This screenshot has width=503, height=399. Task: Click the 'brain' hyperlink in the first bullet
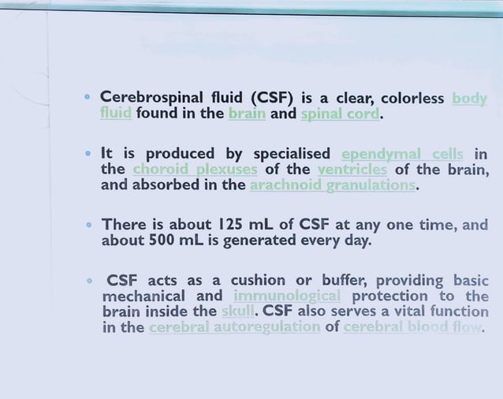coord(247,114)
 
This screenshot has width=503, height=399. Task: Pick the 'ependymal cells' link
coord(402,154)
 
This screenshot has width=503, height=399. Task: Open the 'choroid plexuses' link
coord(195,170)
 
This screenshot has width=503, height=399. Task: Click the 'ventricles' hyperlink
coord(352,170)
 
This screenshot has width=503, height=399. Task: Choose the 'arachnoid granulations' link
coord(332,185)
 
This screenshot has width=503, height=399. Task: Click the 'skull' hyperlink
coord(239,311)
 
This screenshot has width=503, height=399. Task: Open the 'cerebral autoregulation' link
coord(234,327)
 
